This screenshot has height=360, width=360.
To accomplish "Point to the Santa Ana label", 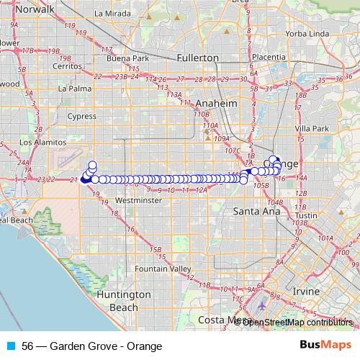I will (251, 212).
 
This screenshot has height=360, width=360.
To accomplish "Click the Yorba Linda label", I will (307, 34).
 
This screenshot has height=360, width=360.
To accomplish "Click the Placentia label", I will (267, 57).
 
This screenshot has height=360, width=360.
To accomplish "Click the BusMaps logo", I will (324, 345).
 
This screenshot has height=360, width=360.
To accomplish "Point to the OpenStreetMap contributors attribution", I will (297, 322).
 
